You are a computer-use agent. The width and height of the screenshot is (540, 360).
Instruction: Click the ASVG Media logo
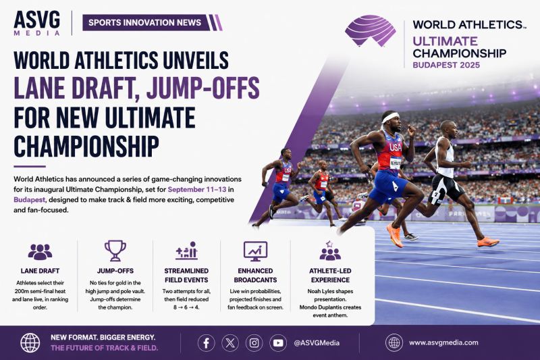pos(37,23)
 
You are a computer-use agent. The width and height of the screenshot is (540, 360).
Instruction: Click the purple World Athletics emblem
pos(370,30)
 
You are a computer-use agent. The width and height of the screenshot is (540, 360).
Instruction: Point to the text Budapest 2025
pos(446,65)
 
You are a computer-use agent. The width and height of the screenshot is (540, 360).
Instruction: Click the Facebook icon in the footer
pos(207,343)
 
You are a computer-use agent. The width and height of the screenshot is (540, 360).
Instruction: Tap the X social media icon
pos(230,343)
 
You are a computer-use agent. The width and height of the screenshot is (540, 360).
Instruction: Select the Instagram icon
pos(254,343)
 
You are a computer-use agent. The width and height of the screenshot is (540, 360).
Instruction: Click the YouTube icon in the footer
pos(278,343)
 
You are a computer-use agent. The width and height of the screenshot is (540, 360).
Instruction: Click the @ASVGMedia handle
pos(317,343)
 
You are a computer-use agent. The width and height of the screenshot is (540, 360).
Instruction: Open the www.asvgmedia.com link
pos(443,342)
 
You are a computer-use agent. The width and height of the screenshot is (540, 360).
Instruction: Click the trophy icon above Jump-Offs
pos(115,251)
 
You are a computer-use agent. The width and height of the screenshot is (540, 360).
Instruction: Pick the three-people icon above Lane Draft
pos(40,252)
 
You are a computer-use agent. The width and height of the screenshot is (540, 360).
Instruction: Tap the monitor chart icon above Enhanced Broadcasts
pos(255,251)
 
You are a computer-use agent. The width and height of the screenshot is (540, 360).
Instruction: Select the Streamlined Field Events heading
pos(186,276)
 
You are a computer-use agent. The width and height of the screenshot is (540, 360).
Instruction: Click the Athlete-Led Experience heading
pos(330,276)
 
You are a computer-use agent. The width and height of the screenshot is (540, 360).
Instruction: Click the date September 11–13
pos(197,190)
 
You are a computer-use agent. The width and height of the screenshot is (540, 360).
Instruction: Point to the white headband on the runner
pos(390,118)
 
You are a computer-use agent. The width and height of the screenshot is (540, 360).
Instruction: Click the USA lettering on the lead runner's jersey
pos(396,147)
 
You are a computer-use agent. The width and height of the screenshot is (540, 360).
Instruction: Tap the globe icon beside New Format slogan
pos(30,342)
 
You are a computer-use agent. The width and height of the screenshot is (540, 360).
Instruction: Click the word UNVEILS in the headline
pos(196,61)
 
